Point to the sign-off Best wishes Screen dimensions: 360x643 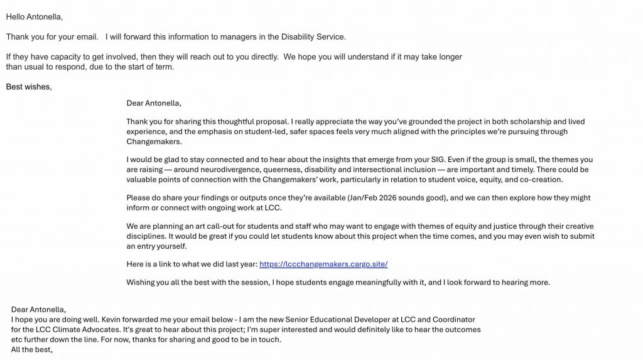29,87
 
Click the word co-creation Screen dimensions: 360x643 542,179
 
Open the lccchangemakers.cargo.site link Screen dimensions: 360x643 327,264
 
